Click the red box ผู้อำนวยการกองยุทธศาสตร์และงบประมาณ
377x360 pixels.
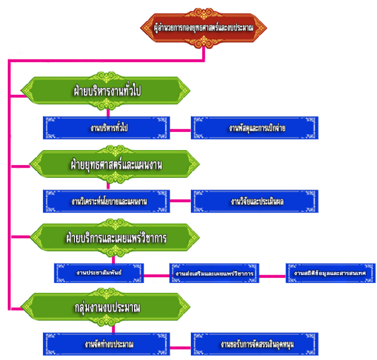pos(204,26)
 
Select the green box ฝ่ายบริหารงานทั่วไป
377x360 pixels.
pos(108,91)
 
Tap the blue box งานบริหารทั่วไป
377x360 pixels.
pos(108,128)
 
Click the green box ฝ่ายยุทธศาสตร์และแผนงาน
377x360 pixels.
pos(108,166)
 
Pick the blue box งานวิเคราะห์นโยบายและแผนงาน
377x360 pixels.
pos(108,201)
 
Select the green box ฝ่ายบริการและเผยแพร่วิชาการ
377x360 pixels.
pos(108,238)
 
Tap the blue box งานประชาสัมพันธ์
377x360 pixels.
pos(98,273)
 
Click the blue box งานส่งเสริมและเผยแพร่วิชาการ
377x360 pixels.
pos(215,273)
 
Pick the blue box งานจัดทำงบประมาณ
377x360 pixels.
pos(108,343)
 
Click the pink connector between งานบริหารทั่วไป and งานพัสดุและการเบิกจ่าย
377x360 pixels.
pos(180,129)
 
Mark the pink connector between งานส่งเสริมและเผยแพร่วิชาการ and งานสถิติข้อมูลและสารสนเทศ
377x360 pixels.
pos(272,275)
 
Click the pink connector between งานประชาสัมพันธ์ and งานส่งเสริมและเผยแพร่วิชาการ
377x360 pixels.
pos(156,275)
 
